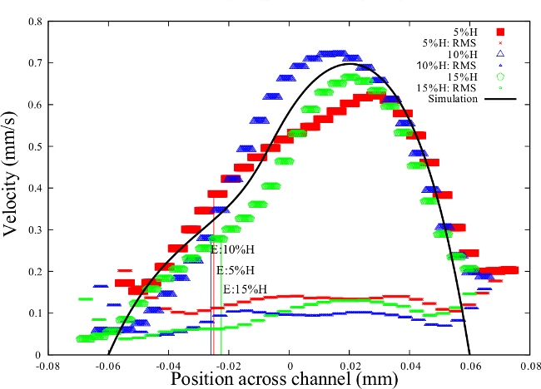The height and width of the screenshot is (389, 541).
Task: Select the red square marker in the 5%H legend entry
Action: (500, 32)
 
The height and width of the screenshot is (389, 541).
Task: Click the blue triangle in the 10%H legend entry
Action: (500, 54)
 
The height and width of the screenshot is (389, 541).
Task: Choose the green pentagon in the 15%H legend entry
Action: (500, 76)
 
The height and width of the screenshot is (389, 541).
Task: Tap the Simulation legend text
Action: (454, 99)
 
